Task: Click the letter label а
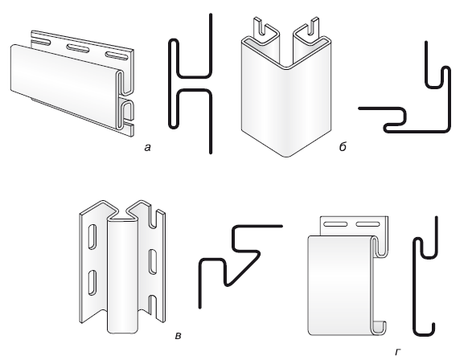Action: pos(147,148)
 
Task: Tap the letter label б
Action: pos(343,146)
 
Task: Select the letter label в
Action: pos(178,336)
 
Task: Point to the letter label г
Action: pos(397,352)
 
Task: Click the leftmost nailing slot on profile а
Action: pos(40,41)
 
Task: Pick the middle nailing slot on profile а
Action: pos(78,48)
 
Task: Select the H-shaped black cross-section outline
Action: pos(191,84)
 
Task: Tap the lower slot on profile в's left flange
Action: pos(92,282)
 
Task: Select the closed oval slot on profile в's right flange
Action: pos(153,262)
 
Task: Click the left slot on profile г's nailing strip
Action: pos(335,224)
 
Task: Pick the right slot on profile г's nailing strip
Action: pos(367,224)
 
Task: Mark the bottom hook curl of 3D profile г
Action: pos(379,327)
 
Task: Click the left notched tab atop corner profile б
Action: pos(264,30)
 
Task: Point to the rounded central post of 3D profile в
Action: pos(123,276)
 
